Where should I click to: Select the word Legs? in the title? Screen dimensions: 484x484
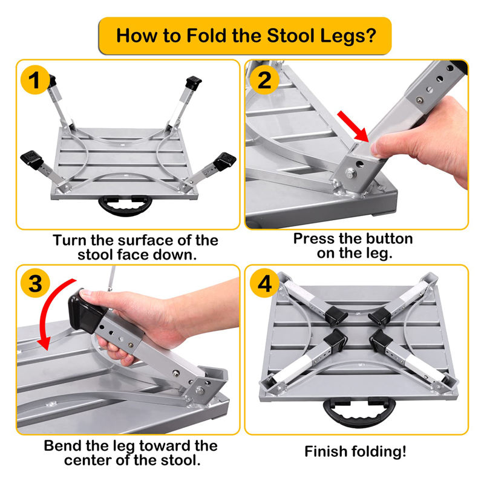click(x=345, y=34)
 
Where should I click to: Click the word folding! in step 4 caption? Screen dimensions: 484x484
click(x=381, y=451)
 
